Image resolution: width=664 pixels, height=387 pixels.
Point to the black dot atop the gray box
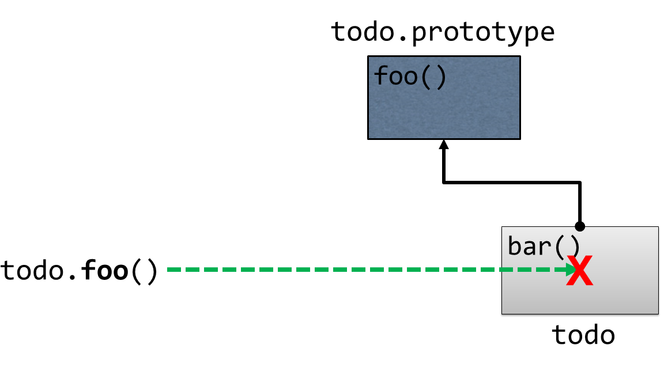[x=580, y=226]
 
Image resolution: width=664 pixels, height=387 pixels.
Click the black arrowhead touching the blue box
[x=443, y=145]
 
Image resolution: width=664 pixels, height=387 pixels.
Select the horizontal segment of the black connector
[x=512, y=183]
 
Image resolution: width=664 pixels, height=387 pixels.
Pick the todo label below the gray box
[x=583, y=334]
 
